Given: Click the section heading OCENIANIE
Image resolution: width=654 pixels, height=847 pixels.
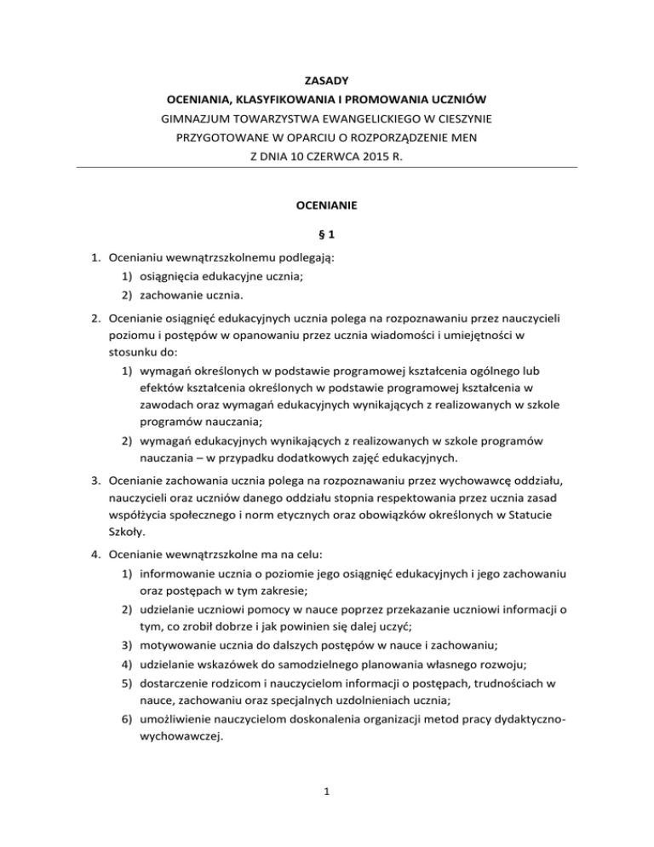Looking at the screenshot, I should pyautogui.click(x=327, y=205).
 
